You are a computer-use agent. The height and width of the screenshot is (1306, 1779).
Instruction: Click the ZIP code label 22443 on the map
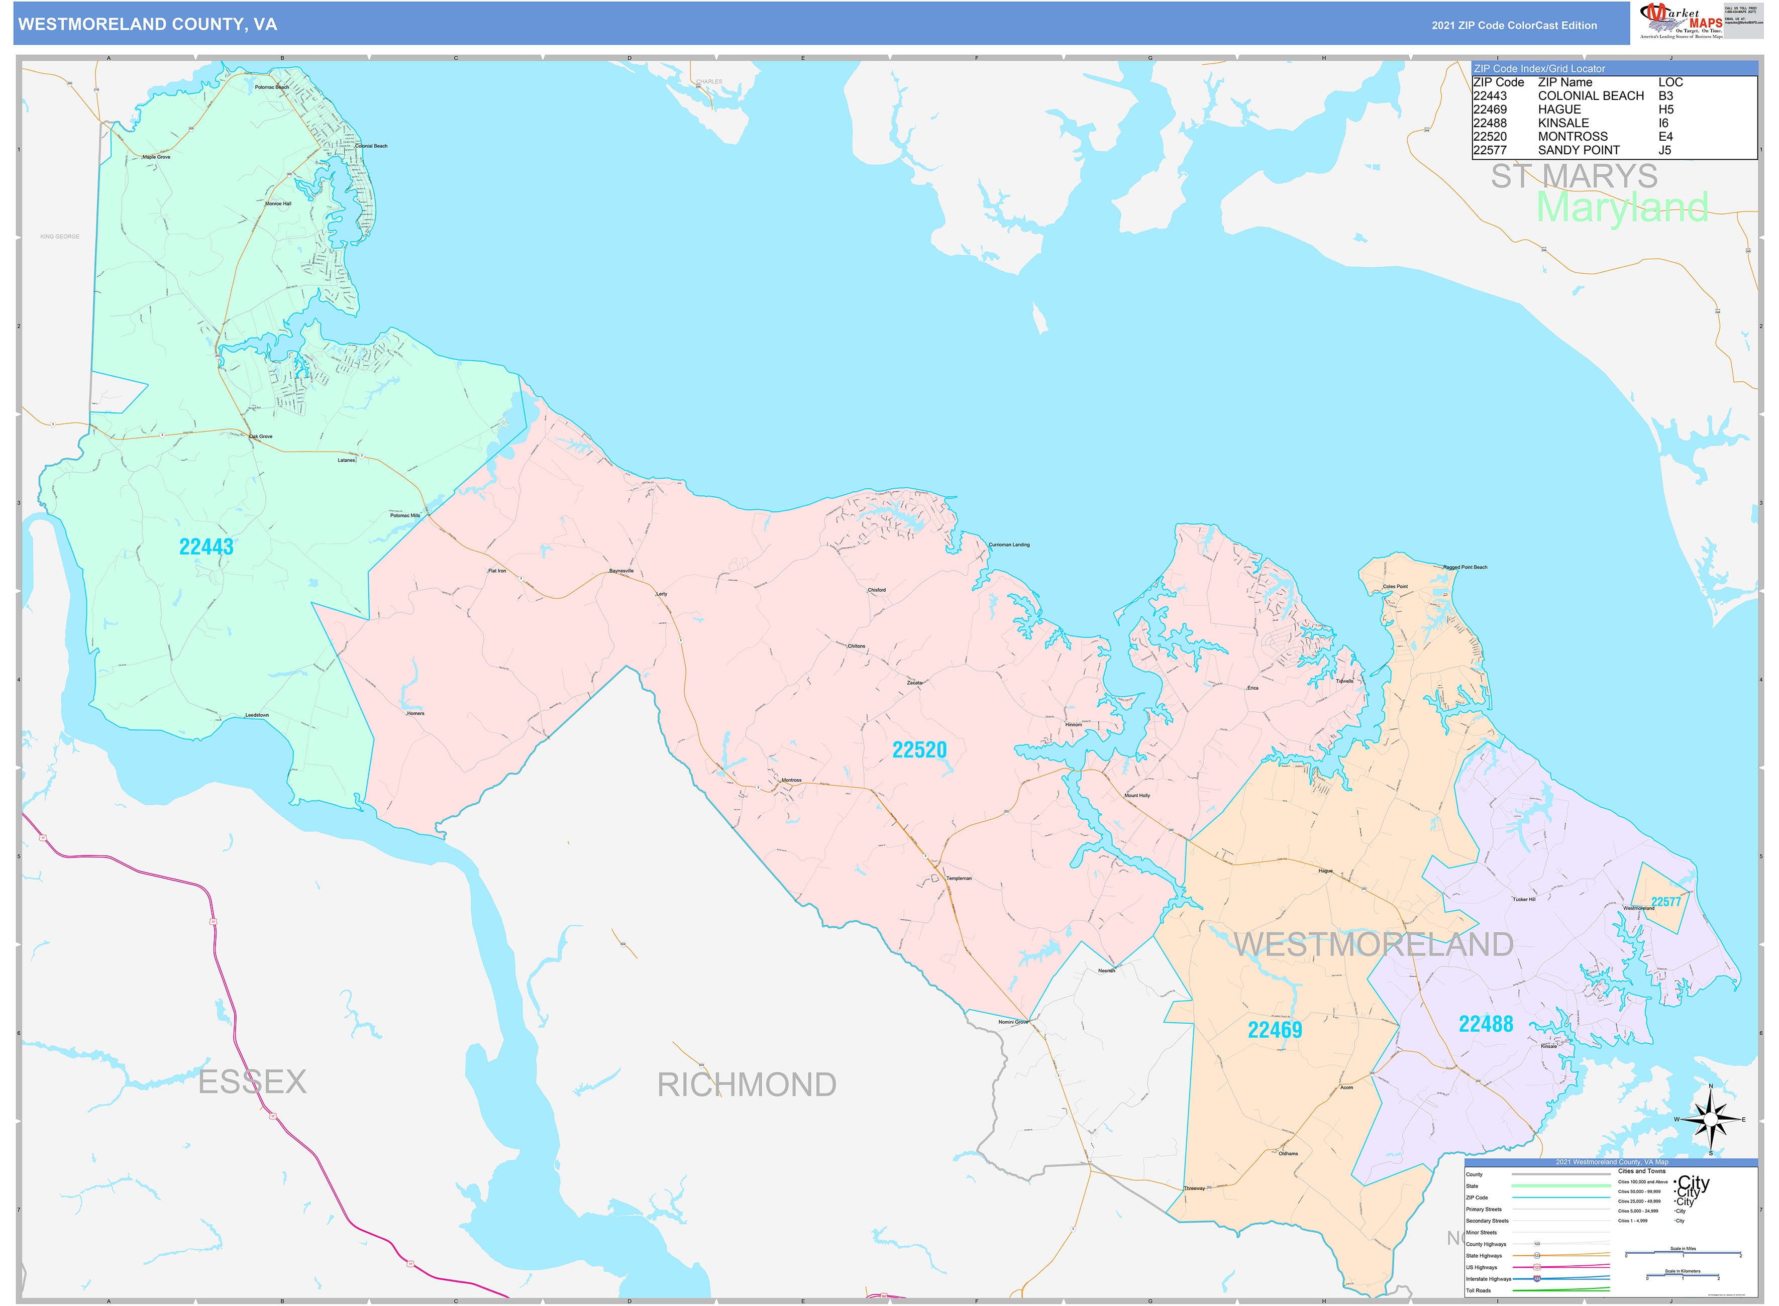pyautogui.click(x=206, y=547)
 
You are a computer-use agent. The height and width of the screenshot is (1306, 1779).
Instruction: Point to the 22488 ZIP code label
pyautogui.click(x=1486, y=1025)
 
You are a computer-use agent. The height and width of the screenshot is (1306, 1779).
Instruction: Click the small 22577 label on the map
pyautogui.click(x=1666, y=902)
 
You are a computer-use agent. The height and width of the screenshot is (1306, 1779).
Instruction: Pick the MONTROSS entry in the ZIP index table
pyautogui.click(x=1572, y=137)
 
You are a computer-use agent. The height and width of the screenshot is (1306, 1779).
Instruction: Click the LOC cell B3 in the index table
pyautogui.click(x=1665, y=95)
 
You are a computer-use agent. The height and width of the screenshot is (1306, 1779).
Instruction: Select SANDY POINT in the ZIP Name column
pyautogui.click(x=1578, y=150)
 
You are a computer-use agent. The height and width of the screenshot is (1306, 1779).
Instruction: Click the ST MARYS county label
pyautogui.click(x=1574, y=176)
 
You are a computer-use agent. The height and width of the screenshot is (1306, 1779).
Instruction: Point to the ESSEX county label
pyautogui.click(x=252, y=1081)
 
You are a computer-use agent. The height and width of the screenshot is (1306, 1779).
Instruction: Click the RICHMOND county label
pyautogui.click(x=747, y=1084)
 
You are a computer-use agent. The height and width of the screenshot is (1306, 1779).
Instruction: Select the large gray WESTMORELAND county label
pyautogui.click(x=1374, y=945)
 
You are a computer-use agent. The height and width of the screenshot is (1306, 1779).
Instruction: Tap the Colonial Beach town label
pyautogui.click(x=371, y=146)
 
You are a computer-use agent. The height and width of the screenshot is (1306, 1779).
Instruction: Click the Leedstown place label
pyautogui.click(x=257, y=715)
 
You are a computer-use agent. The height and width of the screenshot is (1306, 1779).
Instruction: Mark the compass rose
pyautogui.click(x=1710, y=1120)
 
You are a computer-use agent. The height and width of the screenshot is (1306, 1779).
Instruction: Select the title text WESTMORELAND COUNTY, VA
pyautogui.click(x=148, y=25)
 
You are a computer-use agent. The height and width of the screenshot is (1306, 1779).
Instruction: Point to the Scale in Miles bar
pyautogui.click(x=1683, y=1253)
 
